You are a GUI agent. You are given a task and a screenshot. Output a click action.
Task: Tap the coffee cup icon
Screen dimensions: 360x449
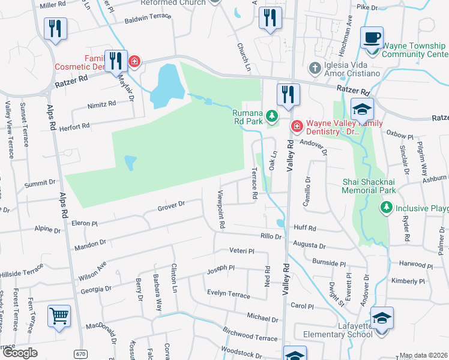tap(372, 38)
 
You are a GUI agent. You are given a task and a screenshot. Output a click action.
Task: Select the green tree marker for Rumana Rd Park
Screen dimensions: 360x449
tap(273, 115)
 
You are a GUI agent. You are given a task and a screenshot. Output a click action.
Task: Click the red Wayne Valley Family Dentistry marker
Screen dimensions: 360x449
tap(297, 125)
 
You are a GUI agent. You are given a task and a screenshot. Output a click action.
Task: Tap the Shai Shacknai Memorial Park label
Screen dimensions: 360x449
tap(369, 185)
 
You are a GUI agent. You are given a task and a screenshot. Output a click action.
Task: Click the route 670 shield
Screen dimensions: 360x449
tap(80, 354)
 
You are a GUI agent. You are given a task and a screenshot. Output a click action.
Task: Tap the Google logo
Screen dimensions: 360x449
tap(20, 353)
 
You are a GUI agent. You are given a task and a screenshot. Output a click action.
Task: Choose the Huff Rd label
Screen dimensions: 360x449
tap(305, 228)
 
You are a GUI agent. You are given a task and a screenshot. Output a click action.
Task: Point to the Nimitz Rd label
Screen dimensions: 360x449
tap(101, 104)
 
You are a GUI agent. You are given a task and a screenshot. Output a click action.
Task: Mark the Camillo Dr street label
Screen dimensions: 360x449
tap(307, 191)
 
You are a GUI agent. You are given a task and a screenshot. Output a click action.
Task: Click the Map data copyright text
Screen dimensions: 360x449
tap(423, 355)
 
